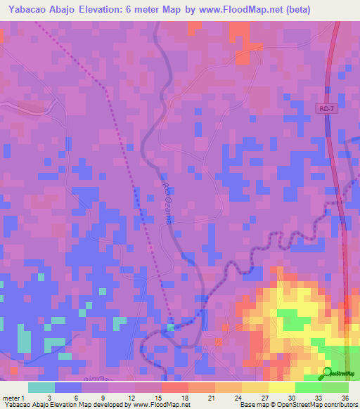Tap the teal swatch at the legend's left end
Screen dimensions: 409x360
point(41,387)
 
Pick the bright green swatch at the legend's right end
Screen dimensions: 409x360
point(335,387)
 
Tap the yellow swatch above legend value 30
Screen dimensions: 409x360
point(282,387)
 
